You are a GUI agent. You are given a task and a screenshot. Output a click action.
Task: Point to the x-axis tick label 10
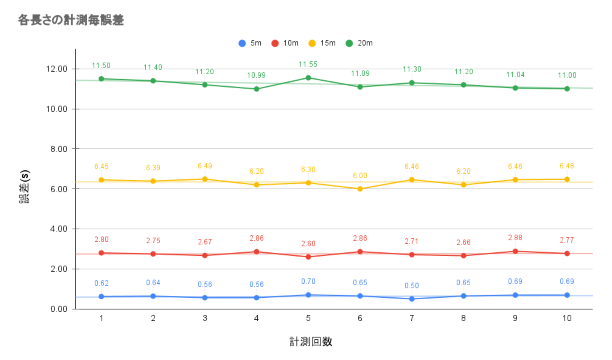point(566,318)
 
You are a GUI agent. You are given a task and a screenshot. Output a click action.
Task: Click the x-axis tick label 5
point(308,318)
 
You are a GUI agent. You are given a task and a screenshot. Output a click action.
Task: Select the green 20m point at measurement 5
point(308,78)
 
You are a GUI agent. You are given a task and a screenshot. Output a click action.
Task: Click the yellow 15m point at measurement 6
point(360,189)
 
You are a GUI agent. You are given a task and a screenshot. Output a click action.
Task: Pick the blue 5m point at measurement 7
point(411,299)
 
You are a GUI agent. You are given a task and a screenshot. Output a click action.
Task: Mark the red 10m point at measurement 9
point(515,251)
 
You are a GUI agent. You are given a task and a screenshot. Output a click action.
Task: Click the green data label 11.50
point(101,66)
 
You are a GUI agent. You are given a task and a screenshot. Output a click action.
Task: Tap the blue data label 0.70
point(308,281)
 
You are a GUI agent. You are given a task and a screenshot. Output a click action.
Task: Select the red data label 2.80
point(101,240)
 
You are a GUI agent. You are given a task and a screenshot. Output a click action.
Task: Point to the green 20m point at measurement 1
point(101,79)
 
